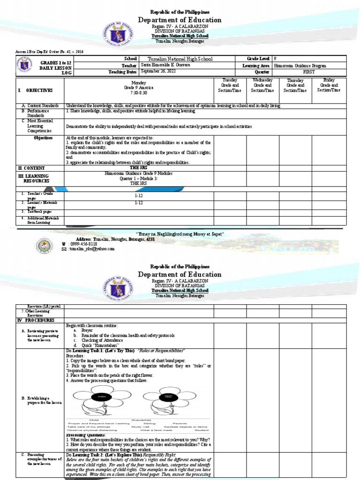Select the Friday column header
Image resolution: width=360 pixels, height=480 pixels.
337,85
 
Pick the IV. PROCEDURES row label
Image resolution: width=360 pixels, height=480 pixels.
37,320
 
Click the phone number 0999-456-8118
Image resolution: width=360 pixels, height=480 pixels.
83,244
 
